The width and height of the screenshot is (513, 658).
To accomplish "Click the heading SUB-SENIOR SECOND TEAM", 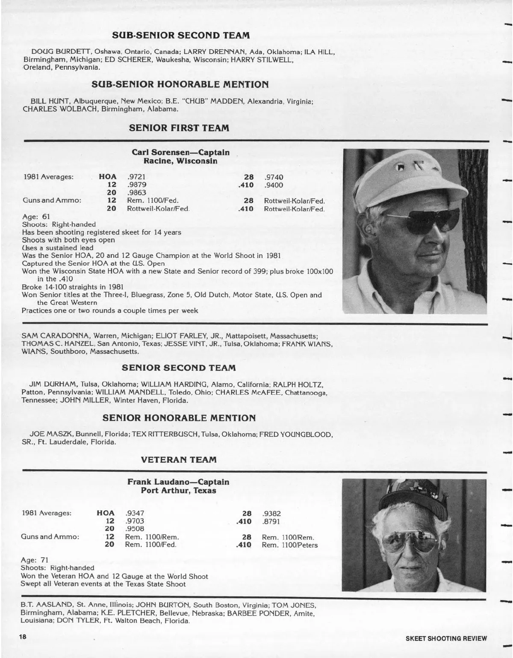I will click(x=180, y=35).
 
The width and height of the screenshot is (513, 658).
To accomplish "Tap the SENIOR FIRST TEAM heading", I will click(x=179, y=128).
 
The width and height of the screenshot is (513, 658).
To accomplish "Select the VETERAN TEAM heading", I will click(x=179, y=459).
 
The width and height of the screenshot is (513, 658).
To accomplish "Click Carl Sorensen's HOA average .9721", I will click(x=136, y=177).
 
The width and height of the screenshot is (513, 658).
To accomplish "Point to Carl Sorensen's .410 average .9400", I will click(x=274, y=185).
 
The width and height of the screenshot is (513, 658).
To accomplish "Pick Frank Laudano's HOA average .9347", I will click(x=135, y=513).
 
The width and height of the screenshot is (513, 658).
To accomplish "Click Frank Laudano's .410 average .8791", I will click(x=271, y=521).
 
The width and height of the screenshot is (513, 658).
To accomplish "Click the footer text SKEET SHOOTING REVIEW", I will click(x=446, y=638).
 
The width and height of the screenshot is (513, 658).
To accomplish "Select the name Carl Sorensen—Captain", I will click(x=180, y=152).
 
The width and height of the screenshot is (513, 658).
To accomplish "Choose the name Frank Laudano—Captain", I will click(x=178, y=482).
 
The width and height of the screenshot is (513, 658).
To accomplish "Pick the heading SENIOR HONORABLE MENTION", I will click(x=179, y=417).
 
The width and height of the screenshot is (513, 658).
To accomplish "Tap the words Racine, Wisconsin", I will click(x=180, y=161).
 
